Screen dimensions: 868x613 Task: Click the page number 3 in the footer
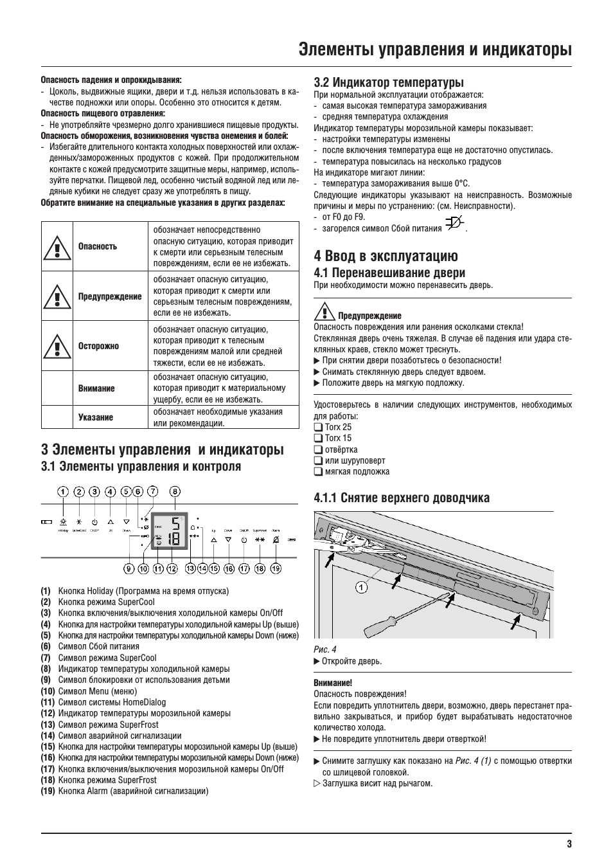pos(569,844)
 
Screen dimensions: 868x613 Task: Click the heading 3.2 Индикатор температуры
pos(388,82)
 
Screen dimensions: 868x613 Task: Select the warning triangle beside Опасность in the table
pos(57,246)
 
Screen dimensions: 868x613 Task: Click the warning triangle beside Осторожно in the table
pos(57,346)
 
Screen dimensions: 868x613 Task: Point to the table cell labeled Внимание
pos(96,388)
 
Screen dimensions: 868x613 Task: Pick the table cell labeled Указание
pos(96,417)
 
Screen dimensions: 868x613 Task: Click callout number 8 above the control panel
pos(175,492)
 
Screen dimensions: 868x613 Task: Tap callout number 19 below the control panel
pos(276,568)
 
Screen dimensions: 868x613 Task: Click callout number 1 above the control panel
pos(63,492)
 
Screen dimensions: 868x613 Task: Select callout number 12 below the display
pos(172,568)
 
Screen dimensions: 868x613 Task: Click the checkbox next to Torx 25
pos(318,427)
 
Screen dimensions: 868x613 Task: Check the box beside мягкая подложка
pos(318,471)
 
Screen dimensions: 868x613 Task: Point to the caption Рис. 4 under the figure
pos(324,649)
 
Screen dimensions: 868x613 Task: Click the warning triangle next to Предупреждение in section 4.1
pos(322,314)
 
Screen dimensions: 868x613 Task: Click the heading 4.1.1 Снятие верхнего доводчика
pos(402,498)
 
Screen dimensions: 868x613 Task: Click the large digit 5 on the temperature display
pos(175,523)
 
